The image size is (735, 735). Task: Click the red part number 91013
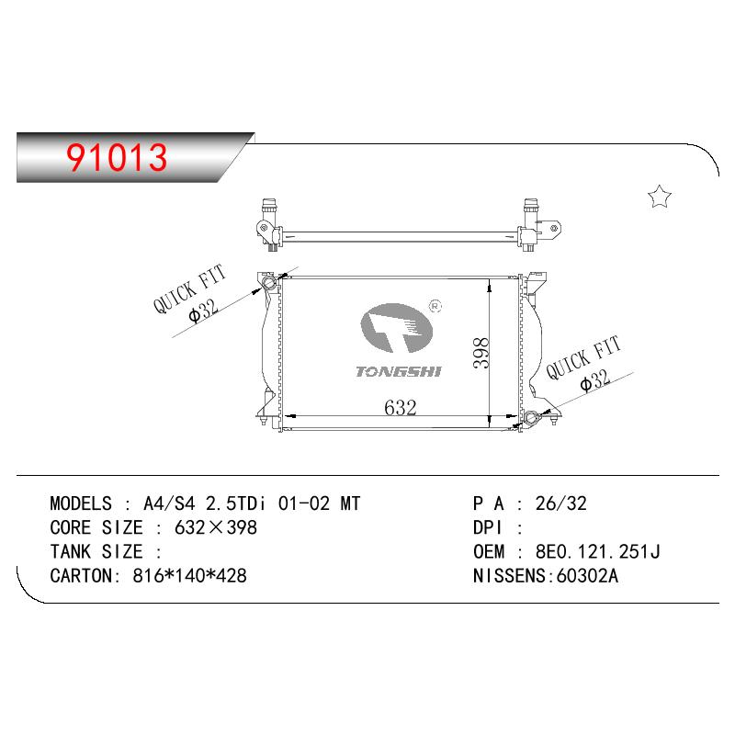click(x=117, y=157)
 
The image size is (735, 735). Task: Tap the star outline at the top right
click(x=660, y=197)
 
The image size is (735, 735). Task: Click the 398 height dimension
click(x=481, y=353)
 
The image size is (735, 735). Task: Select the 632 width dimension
click(x=401, y=407)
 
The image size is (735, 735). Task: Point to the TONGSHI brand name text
click(x=399, y=372)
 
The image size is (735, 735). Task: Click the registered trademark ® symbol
click(x=435, y=307)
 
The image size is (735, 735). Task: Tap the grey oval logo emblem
click(x=396, y=328)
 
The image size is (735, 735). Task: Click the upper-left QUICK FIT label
click(x=190, y=288)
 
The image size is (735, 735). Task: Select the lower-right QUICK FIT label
click(x=583, y=357)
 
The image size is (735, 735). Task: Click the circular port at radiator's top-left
click(x=269, y=283)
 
